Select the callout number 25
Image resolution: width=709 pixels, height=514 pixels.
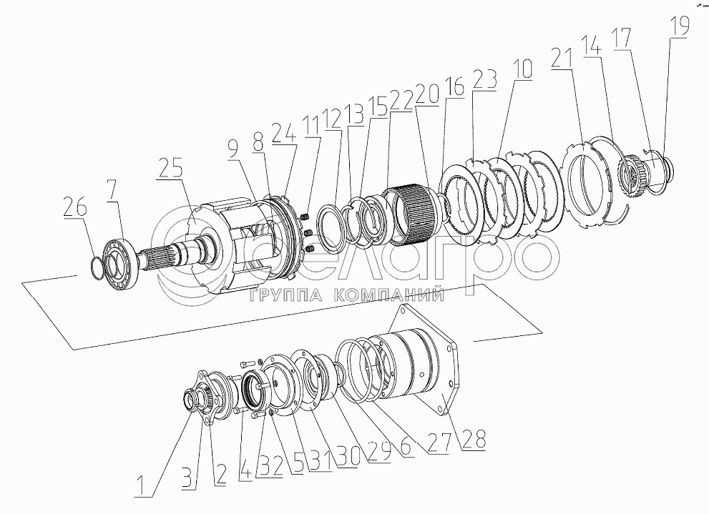pos(171,169)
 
